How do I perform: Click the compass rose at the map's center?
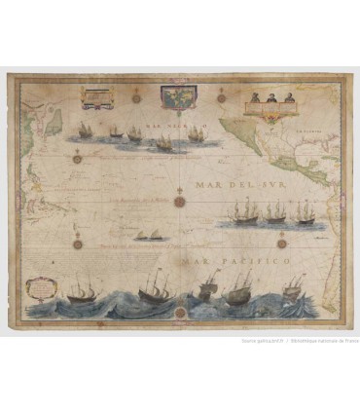click(x=180, y=202)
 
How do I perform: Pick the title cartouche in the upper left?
click(x=98, y=98)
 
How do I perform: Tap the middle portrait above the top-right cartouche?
click(x=268, y=97)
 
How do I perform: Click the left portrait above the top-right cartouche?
click(x=254, y=97)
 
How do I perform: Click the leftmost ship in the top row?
click(x=86, y=130)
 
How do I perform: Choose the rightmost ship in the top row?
click(x=198, y=131)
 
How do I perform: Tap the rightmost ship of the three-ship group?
click(x=304, y=213)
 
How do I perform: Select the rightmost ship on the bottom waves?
click(x=293, y=286)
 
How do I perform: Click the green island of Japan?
click(x=54, y=121)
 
